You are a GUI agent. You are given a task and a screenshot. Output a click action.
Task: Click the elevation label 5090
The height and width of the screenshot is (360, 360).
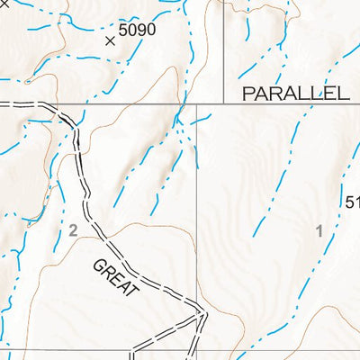coord(138,30)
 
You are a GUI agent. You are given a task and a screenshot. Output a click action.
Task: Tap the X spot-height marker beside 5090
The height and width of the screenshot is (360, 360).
coord(111,40)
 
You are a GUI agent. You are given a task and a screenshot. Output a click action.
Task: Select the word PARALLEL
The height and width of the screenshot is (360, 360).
coord(294,93)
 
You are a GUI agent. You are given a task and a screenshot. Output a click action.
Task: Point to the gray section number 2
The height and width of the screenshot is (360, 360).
coord(74,231)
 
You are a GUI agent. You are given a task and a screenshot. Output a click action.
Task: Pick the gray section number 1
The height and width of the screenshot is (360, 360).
coord(319,230)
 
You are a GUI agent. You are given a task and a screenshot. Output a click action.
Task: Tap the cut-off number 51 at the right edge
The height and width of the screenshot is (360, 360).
coord(352,202)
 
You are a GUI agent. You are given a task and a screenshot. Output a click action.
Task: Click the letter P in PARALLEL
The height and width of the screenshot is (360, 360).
coord(247,93)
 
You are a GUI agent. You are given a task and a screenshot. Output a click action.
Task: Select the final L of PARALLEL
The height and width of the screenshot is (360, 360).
coord(343,93)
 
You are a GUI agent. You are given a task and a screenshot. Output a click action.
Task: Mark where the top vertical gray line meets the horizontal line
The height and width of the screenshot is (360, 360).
coord(222,103)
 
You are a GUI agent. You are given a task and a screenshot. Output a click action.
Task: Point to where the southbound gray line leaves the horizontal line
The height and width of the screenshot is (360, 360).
coord(197,103)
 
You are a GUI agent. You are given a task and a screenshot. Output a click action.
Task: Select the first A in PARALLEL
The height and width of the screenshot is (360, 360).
coord(259,93)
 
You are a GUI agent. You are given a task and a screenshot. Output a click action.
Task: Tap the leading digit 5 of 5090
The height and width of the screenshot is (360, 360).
coord(123,30)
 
